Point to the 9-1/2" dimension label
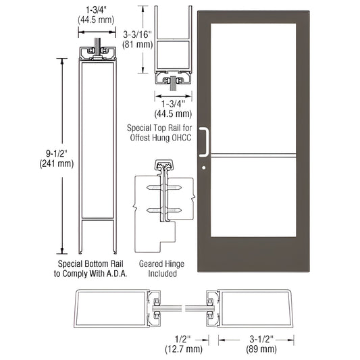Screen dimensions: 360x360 tap(43, 155)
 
